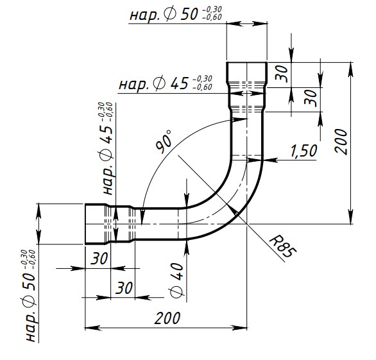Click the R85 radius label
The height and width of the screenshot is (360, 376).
[283, 248]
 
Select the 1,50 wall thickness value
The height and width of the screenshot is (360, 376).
[303, 151]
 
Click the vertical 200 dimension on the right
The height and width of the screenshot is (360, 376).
[341, 142]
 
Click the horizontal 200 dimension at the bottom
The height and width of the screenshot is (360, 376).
[167, 318]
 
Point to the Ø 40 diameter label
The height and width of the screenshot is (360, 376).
[176, 280]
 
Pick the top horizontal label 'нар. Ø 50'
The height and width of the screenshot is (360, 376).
[164, 14]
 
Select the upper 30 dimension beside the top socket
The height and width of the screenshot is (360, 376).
[282, 73]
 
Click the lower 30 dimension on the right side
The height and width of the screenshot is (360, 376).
[311, 98]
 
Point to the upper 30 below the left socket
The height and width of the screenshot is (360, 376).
[99, 259]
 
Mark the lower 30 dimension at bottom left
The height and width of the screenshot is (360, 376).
[124, 287]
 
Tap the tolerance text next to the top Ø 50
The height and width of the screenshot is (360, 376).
[212, 13]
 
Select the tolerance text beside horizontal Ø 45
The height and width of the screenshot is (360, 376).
[202, 83]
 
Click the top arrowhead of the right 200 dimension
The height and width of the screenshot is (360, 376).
[350, 69]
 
